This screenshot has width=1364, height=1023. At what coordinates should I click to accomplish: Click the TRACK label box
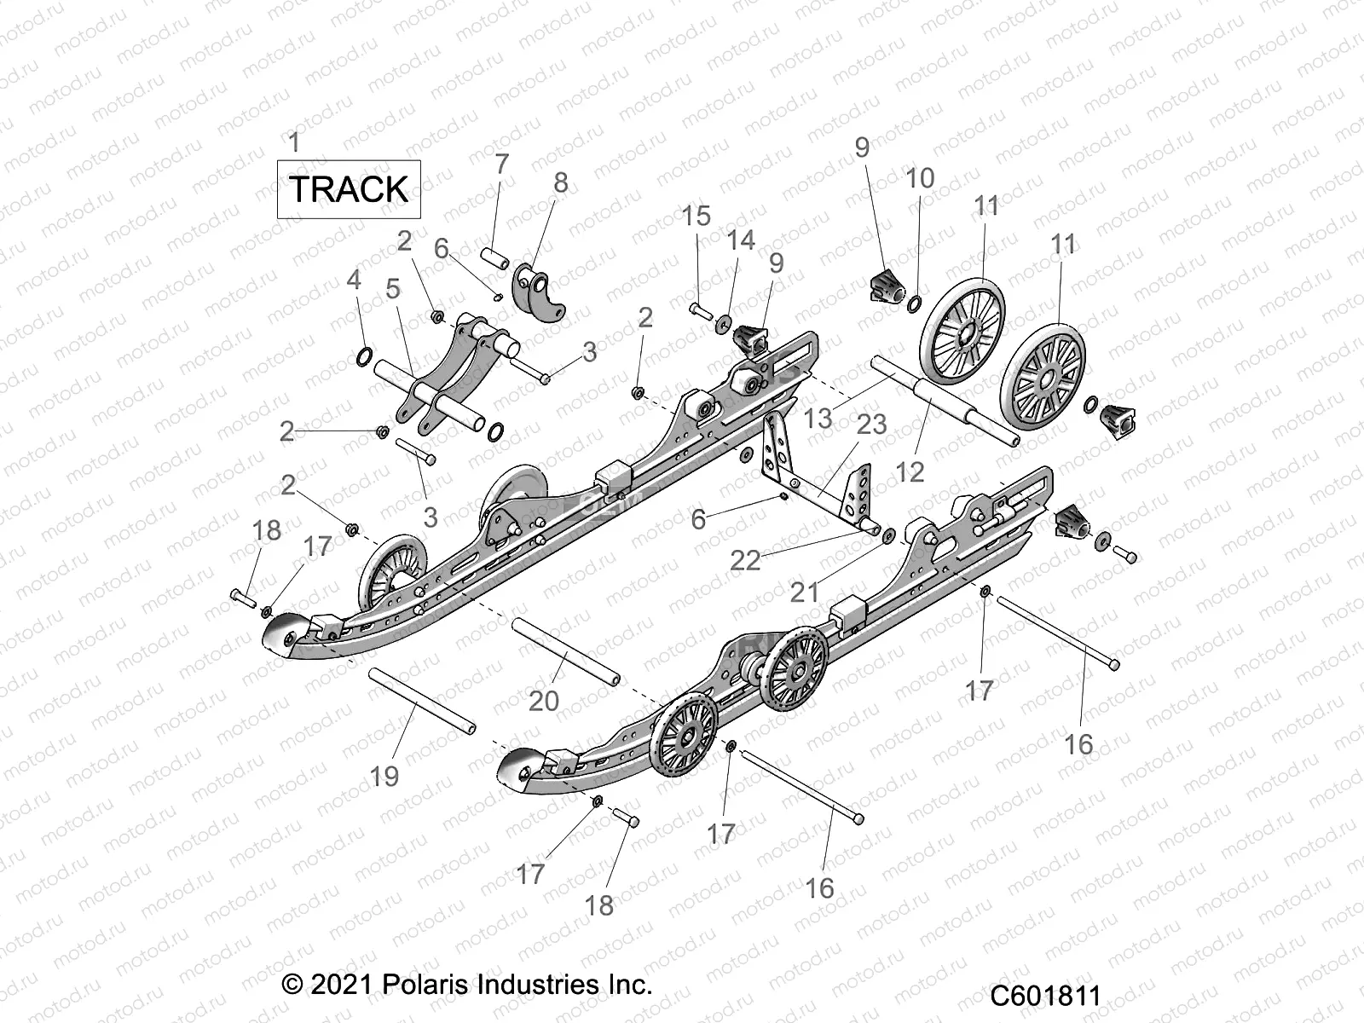349,188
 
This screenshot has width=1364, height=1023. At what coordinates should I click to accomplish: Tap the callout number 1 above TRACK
294,142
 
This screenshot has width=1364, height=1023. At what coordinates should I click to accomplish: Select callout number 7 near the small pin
501,164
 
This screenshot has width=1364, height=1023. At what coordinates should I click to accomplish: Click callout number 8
560,182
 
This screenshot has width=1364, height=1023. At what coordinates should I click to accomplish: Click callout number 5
392,288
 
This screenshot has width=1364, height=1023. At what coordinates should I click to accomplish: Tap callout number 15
696,216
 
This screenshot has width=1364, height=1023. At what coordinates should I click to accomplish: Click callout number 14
740,240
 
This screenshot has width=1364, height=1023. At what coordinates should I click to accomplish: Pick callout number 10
919,178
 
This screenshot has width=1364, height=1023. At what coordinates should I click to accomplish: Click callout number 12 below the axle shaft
910,471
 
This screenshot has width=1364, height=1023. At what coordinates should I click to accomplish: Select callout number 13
818,418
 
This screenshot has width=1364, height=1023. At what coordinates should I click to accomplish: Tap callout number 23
871,424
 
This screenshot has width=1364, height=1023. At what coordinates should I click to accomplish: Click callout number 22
745,560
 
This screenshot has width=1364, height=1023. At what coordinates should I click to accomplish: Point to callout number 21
804,591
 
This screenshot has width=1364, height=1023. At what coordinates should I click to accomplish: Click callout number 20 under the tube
543,700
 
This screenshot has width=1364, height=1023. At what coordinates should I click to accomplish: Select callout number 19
384,776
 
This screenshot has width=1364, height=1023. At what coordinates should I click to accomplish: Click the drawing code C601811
1045,995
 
